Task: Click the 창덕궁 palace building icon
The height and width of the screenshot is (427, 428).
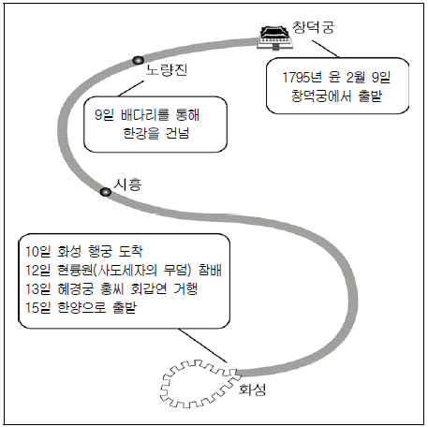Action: (x=274, y=37)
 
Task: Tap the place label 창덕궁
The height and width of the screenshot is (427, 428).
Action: (x=313, y=27)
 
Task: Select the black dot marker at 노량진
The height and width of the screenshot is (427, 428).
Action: (x=138, y=60)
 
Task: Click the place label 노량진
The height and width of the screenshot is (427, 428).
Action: (x=167, y=69)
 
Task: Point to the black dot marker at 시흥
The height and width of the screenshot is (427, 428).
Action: (x=106, y=192)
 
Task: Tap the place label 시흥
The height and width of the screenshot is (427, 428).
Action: (x=127, y=184)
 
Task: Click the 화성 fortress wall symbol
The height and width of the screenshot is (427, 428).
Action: (x=200, y=384)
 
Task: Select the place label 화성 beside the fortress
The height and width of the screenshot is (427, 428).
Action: (x=252, y=390)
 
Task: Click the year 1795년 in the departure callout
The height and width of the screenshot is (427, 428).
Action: (x=302, y=78)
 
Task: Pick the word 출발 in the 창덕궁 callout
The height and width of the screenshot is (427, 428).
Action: (x=370, y=96)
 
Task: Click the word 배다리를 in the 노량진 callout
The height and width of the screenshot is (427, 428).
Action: (x=145, y=115)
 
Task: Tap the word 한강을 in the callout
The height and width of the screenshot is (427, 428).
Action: (x=141, y=133)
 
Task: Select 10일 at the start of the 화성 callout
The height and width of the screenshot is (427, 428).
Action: (x=37, y=251)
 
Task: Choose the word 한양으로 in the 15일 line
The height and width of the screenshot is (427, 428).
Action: (x=81, y=308)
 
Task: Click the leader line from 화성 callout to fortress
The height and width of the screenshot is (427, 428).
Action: (x=202, y=346)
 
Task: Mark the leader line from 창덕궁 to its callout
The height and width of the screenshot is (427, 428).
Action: (x=325, y=49)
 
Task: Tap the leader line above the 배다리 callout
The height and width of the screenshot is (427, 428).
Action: (x=131, y=89)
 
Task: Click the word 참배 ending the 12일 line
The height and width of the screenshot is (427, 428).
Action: (x=210, y=270)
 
